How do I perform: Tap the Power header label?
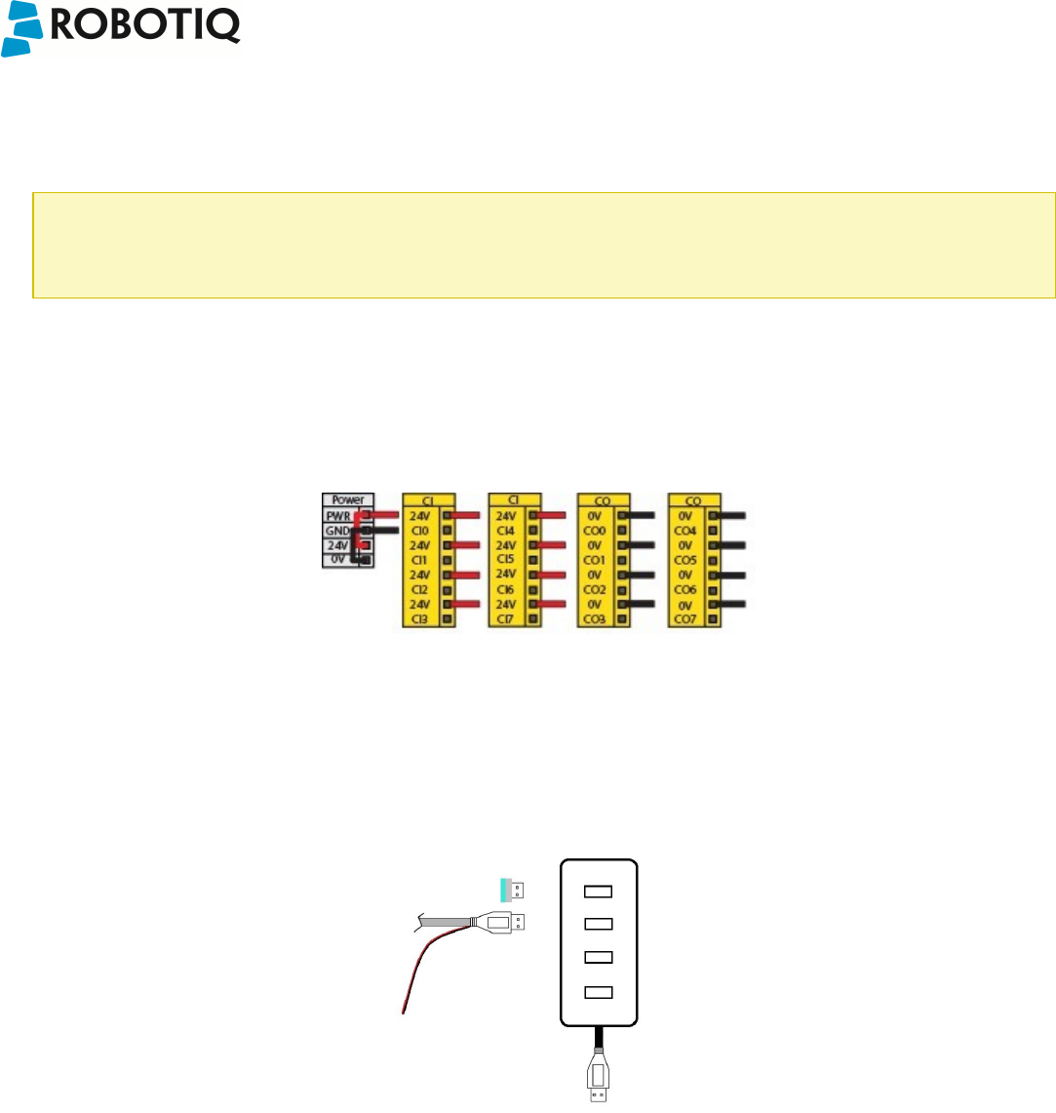[x=347, y=500]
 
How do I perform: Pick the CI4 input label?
[x=506, y=530]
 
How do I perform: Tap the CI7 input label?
[x=506, y=619]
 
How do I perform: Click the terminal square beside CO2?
[x=622, y=590]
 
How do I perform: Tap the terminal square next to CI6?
[x=532, y=590]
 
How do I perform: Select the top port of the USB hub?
[x=599, y=892]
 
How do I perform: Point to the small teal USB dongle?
[x=512, y=889]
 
